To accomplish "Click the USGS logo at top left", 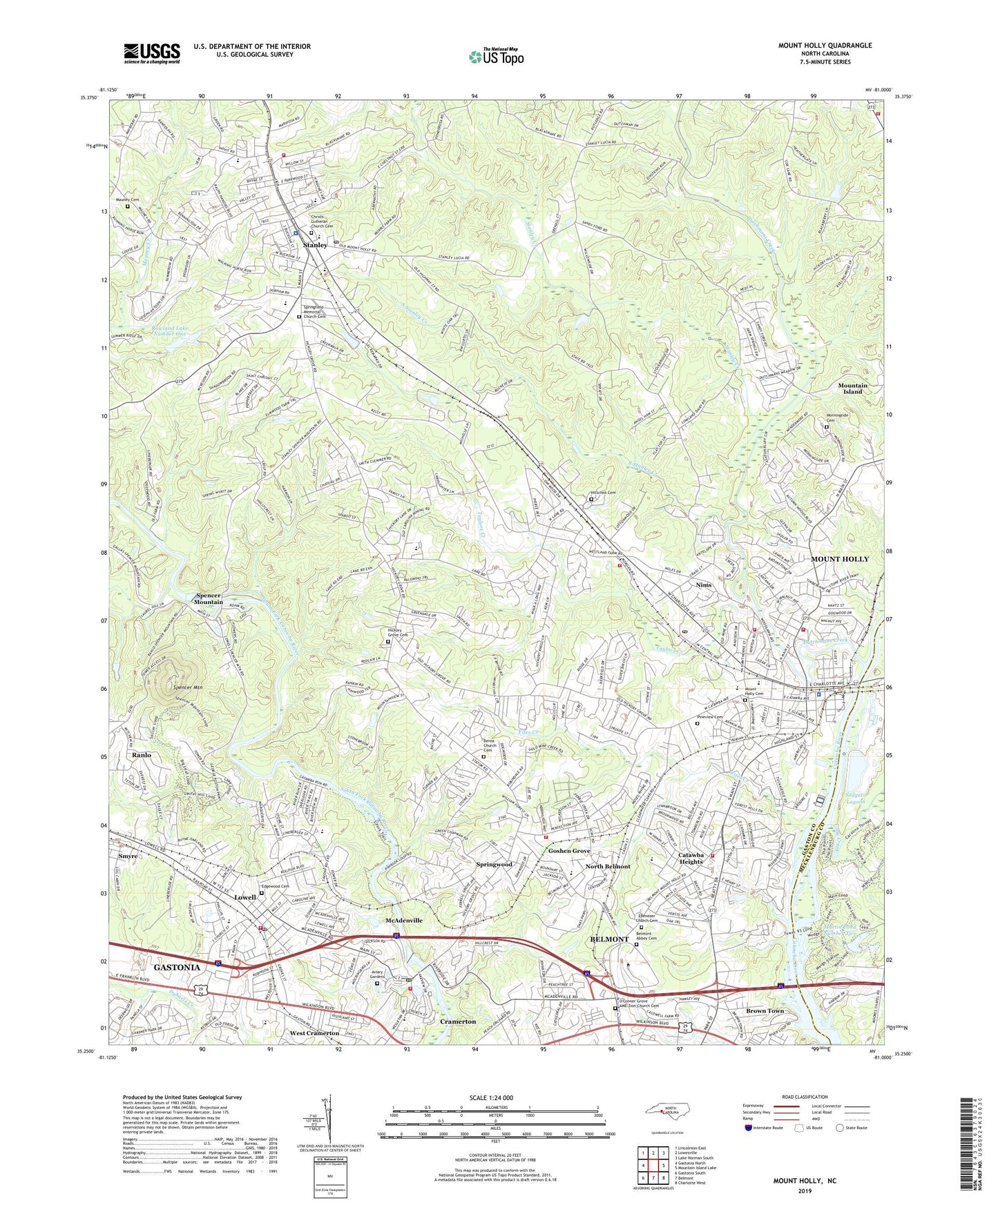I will point(152,52).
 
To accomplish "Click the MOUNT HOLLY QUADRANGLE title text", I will point(825,46).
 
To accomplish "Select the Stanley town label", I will point(315,245).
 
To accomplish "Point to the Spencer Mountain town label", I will point(209,598).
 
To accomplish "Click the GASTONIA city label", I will point(177,968).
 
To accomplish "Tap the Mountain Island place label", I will point(852,389).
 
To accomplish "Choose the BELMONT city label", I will point(610,939).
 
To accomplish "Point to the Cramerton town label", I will point(458,1021).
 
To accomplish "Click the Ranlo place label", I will point(142,755).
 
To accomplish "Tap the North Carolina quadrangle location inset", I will point(666,1110).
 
